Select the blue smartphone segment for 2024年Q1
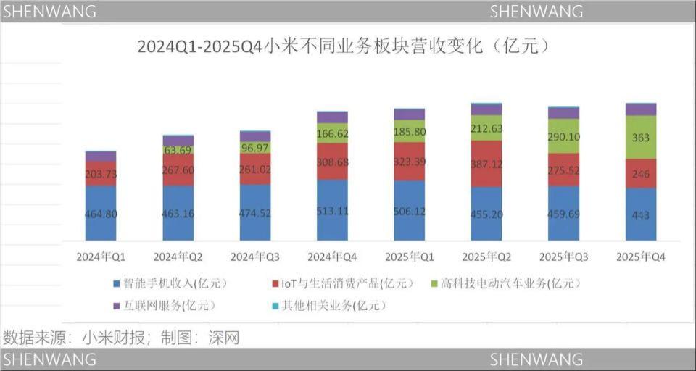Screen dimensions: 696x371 [101, 213]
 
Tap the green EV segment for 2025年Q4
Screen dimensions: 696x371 [641, 137]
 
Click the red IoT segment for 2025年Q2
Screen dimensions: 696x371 [486, 164]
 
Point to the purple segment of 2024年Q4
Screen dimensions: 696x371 [333, 117]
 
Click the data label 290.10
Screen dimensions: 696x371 [564, 137]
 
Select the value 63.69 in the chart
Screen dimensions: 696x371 [178, 151]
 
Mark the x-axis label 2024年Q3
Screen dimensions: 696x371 [255, 257]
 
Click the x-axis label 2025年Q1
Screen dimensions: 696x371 [409, 257]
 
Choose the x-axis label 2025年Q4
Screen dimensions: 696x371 [641, 257]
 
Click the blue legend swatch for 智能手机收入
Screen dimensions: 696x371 [117, 283]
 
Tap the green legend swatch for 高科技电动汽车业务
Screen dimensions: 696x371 [436, 283]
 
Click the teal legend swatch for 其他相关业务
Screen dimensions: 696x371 [275, 306]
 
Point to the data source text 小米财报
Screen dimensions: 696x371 [113, 338]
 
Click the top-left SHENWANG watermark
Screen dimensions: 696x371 [50, 12]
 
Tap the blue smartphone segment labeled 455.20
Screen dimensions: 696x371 [486, 214]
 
